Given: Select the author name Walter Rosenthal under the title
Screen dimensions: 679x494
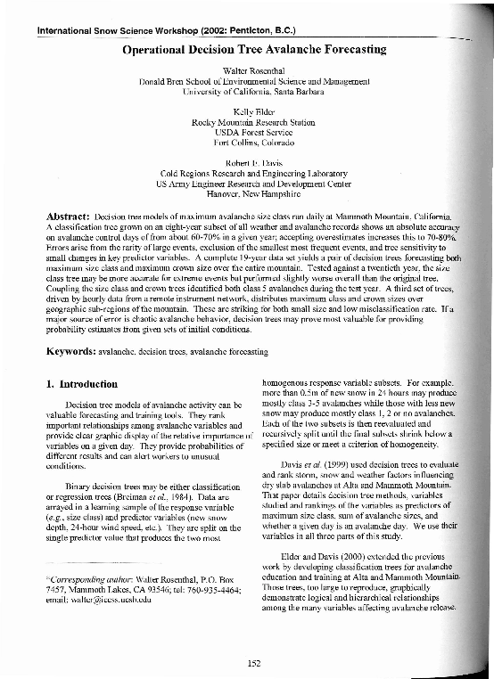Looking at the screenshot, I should [247, 70].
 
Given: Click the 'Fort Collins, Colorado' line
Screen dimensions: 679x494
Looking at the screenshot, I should [247, 143].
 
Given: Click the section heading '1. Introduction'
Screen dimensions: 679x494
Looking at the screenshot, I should [81, 384].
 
